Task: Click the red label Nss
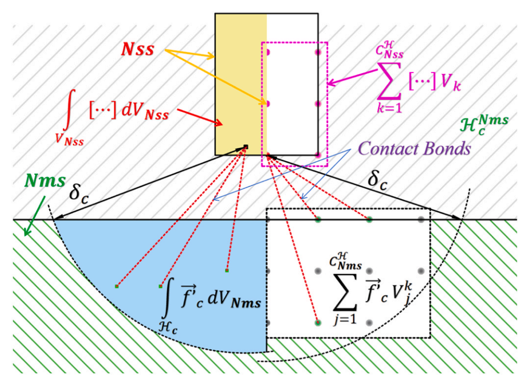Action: click(x=137, y=50)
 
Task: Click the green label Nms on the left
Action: click(x=45, y=181)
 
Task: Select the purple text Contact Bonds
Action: click(x=415, y=148)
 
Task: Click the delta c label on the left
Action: click(x=79, y=194)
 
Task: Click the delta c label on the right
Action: click(x=378, y=179)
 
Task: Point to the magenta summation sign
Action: click(x=389, y=80)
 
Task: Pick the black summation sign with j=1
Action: click(x=345, y=292)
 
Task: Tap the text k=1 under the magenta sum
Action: click(x=389, y=108)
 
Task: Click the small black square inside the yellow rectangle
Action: click(x=246, y=146)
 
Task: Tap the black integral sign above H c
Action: click(x=166, y=302)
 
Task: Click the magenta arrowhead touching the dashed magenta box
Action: click(x=331, y=82)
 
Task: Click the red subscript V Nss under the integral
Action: click(x=70, y=140)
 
